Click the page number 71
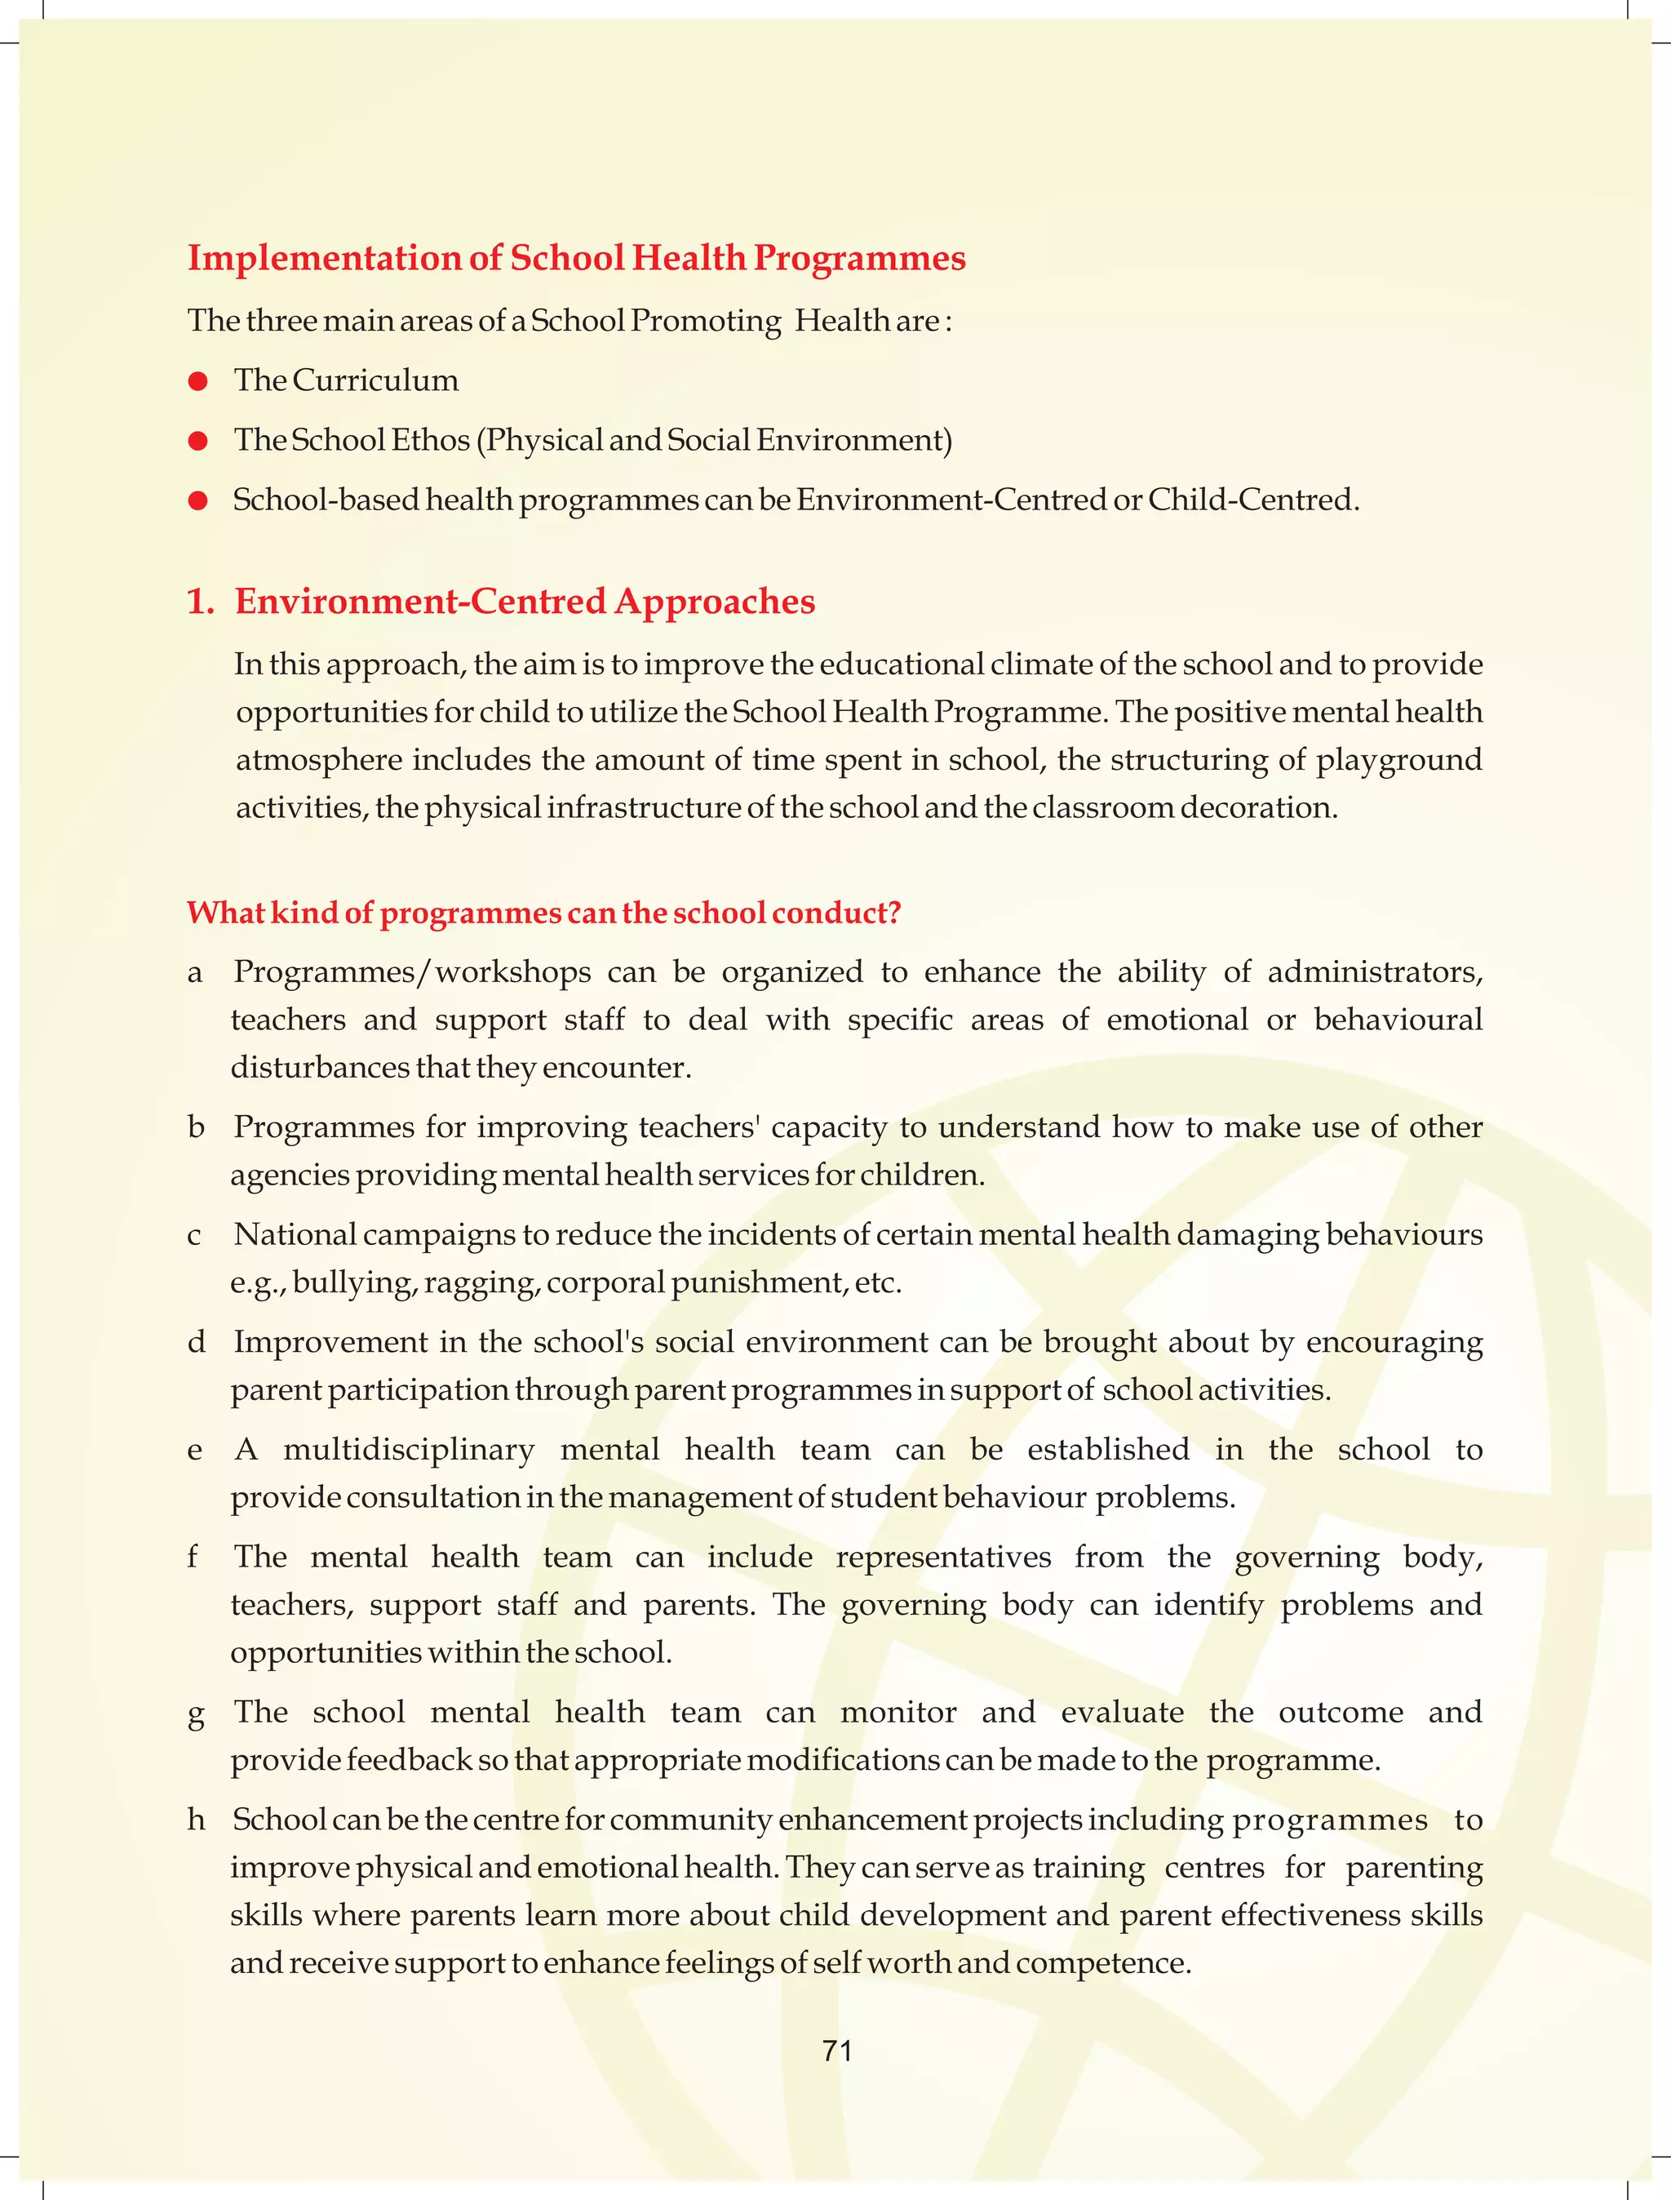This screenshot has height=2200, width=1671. (836, 2050)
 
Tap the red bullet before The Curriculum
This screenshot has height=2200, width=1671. (198, 381)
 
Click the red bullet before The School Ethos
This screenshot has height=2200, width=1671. (198, 441)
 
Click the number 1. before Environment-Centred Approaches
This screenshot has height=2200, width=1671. (201, 602)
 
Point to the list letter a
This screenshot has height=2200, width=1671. (195, 973)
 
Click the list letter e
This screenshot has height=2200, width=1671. (195, 1451)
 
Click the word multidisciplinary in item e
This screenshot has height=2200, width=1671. (409, 1450)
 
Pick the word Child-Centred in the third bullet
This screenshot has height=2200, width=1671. (1252, 500)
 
